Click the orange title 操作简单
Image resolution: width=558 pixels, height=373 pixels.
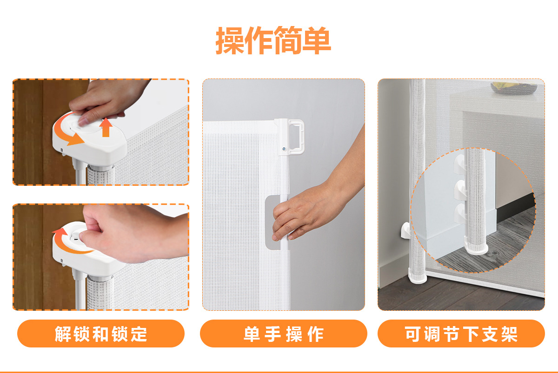[x=273, y=40]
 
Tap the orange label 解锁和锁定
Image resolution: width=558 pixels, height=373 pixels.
[x=101, y=334]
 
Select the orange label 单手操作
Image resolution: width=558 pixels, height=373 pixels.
[x=284, y=334]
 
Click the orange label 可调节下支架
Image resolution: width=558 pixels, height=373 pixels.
[x=461, y=334]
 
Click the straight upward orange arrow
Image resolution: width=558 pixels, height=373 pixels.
[x=106, y=127]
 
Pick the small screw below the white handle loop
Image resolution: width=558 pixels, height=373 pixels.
[x=284, y=149]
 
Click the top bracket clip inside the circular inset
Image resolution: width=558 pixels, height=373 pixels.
[x=460, y=164]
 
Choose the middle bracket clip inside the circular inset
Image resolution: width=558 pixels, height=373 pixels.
[x=460, y=190]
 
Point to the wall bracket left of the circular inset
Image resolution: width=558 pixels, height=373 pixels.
[x=405, y=230]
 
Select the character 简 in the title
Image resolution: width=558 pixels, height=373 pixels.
[x=288, y=40]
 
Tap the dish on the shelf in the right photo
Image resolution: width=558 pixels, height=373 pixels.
[x=514, y=88]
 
